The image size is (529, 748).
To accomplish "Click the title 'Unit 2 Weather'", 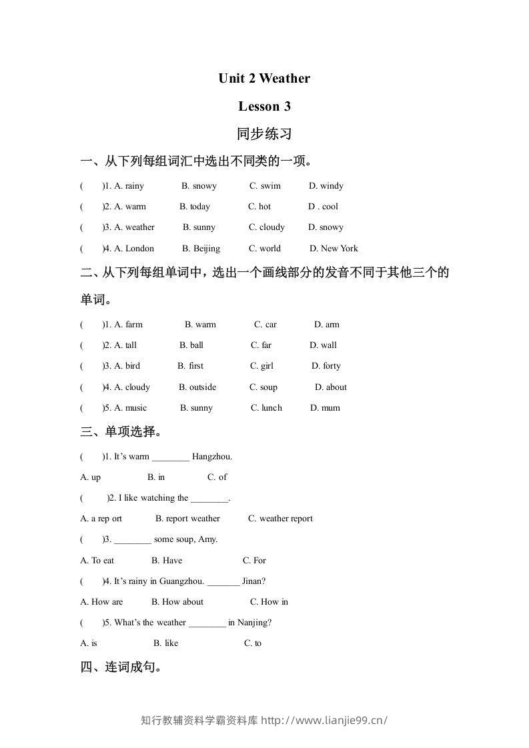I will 264,79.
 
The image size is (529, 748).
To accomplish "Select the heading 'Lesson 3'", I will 264,106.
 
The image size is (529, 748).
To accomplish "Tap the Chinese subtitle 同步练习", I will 264,134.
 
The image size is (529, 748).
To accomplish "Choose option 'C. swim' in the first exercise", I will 265,186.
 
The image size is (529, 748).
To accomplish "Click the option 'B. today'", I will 195,207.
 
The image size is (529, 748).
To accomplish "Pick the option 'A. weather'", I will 135,227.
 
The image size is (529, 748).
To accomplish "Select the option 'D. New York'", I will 334,249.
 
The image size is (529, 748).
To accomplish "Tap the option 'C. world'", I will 265,249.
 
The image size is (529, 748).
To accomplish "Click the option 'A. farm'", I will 129,325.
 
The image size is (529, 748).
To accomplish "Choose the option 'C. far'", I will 261,345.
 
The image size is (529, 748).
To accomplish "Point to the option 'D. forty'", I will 326,366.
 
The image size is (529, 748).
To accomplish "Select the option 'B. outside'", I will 197,387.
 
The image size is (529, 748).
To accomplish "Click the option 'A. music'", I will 131,408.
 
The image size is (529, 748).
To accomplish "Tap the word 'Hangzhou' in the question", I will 212,457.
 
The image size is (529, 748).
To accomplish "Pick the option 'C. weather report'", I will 280,519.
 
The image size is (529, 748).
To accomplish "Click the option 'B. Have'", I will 167,561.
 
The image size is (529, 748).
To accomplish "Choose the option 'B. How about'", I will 177,602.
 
